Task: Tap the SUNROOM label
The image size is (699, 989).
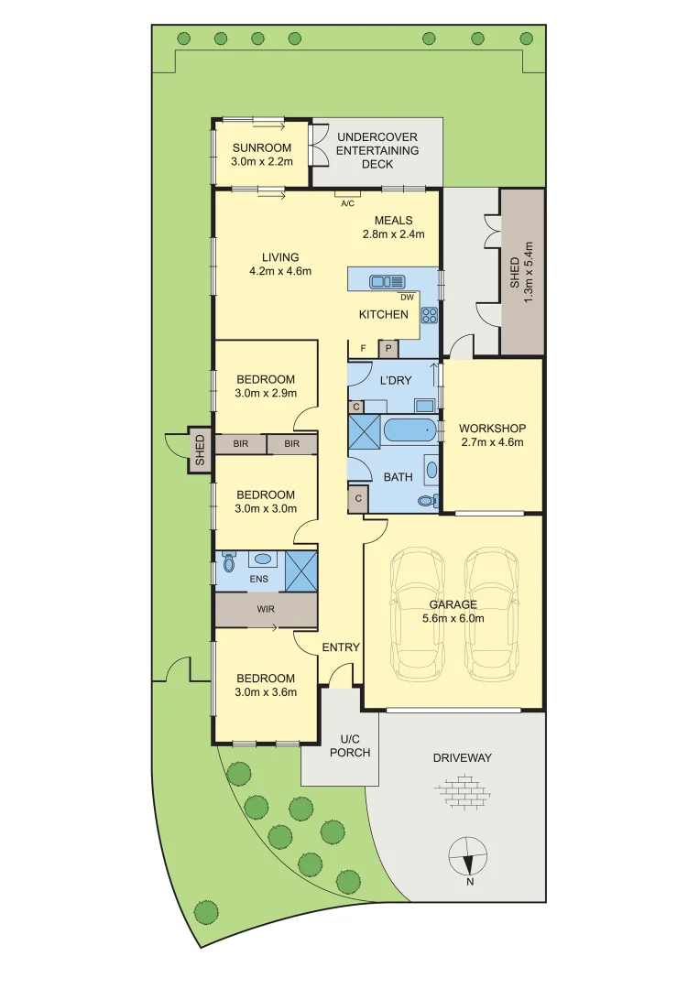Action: click(261, 148)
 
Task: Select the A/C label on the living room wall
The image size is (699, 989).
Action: click(347, 203)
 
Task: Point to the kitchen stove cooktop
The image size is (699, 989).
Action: click(428, 315)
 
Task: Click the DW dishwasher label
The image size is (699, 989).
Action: click(407, 297)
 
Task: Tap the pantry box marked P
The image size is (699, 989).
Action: click(388, 348)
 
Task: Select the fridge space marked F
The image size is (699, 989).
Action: click(364, 348)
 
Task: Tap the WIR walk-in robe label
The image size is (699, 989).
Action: click(265, 609)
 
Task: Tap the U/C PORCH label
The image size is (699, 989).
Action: click(355, 745)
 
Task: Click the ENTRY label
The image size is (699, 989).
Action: click(341, 647)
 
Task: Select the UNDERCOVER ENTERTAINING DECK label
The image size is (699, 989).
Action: click(377, 150)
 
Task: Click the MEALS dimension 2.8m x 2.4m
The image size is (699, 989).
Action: click(394, 234)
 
